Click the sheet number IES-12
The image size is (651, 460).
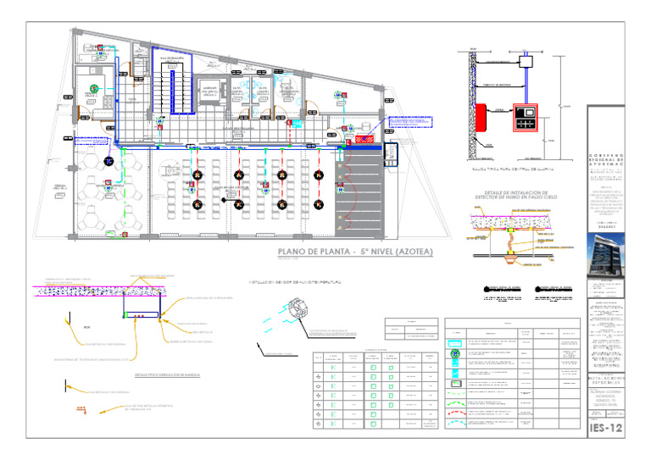pyautogui.click(x=606, y=430)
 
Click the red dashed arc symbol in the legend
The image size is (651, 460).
pyautogui.click(x=463, y=408)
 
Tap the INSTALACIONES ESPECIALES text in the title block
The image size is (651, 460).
pyautogui.click(x=605, y=384)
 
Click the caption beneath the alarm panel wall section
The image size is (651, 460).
pyautogui.click(x=509, y=169)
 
